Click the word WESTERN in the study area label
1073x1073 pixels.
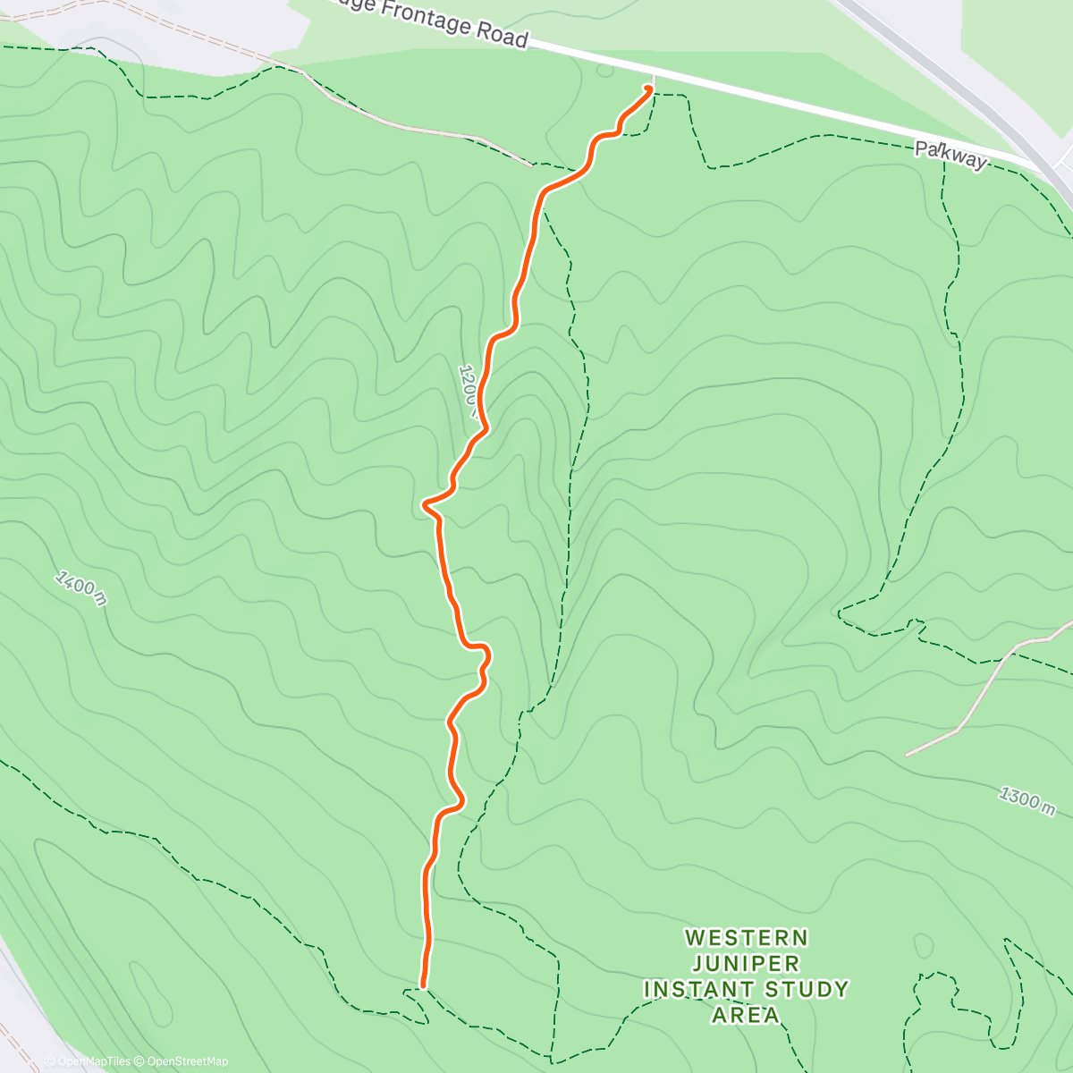coord(747,938)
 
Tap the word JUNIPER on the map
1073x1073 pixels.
coord(746,964)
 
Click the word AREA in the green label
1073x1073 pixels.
coord(746,1016)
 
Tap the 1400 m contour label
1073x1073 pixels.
coord(80,587)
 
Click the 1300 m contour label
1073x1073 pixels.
coord(1027,799)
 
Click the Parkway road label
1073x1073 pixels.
coord(950,156)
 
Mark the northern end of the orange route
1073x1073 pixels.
coord(647,88)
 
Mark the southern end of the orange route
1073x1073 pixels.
coord(422,985)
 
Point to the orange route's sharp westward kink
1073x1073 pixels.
coord(425,505)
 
